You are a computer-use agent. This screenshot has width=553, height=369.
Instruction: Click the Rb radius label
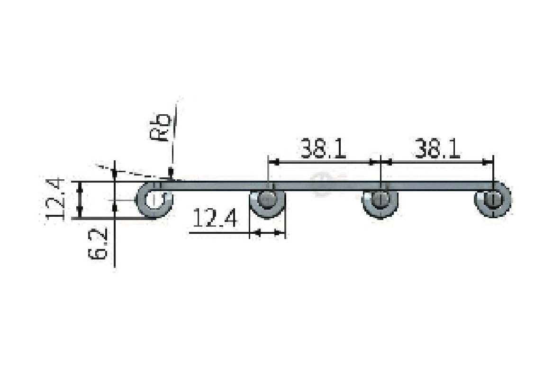(x=160, y=127)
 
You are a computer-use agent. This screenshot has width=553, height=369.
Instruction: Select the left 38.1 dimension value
(x=324, y=149)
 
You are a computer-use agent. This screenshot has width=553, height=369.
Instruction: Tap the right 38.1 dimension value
(x=438, y=149)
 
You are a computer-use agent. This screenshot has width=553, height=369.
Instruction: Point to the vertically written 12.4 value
(x=56, y=198)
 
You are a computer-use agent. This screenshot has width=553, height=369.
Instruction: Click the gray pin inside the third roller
(x=380, y=200)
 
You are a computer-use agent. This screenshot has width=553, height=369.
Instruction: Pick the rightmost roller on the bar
(x=493, y=200)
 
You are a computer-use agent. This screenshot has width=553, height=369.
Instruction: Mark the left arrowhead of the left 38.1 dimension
(x=273, y=162)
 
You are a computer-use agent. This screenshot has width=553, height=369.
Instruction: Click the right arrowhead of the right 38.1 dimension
(x=488, y=162)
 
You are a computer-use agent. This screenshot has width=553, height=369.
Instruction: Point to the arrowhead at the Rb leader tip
(x=171, y=173)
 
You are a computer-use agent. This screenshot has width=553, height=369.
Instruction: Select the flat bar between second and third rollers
(x=324, y=186)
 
